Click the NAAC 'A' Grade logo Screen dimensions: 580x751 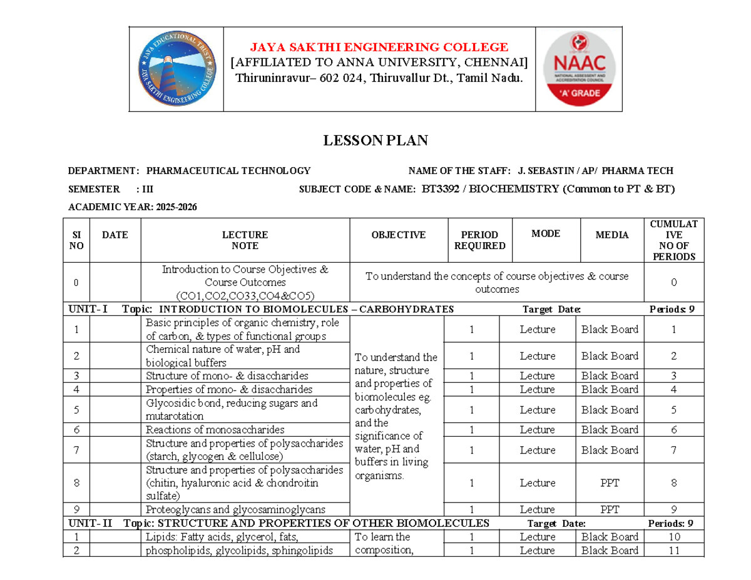tap(579, 69)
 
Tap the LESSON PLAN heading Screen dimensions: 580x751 tap(375, 141)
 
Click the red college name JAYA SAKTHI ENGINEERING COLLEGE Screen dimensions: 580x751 tap(379, 47)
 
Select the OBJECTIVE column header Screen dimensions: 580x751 tap(399, 235)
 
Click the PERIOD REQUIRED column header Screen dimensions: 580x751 tap(479, 240)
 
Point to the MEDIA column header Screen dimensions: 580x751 tap(612, 235)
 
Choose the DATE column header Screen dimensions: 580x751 tap(115, 235)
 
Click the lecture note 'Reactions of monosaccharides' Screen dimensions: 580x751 tap(215, 430)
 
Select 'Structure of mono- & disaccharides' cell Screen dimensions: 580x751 tap(227, 376)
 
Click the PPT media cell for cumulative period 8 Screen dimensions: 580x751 tap(610, 483)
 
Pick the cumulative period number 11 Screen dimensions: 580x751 tap(673, 551)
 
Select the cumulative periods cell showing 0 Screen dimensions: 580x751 tap(673, 283)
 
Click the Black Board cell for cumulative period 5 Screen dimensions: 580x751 tap(610, 410)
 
